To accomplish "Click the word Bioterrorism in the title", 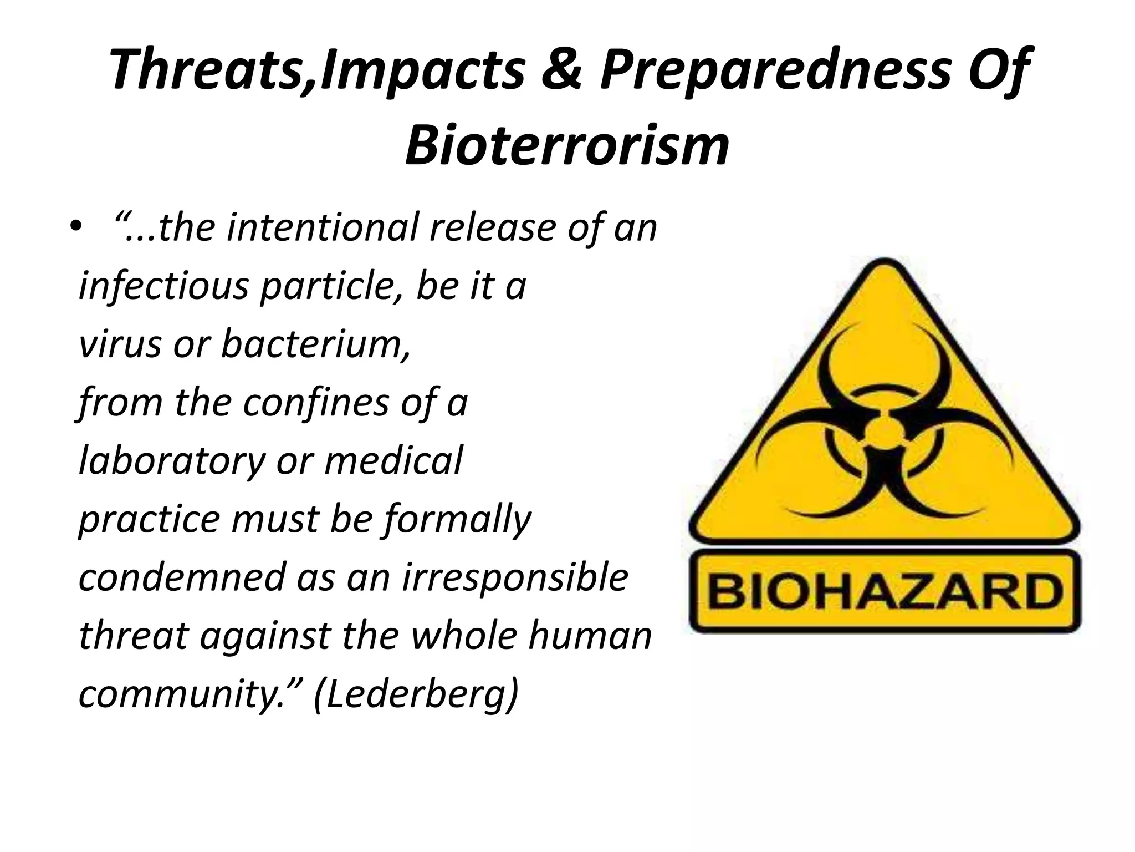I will pos(567,146).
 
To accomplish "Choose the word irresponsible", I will pos(515,577).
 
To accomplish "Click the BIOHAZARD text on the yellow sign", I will pos(885,592).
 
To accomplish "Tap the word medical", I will pos(393,460).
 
